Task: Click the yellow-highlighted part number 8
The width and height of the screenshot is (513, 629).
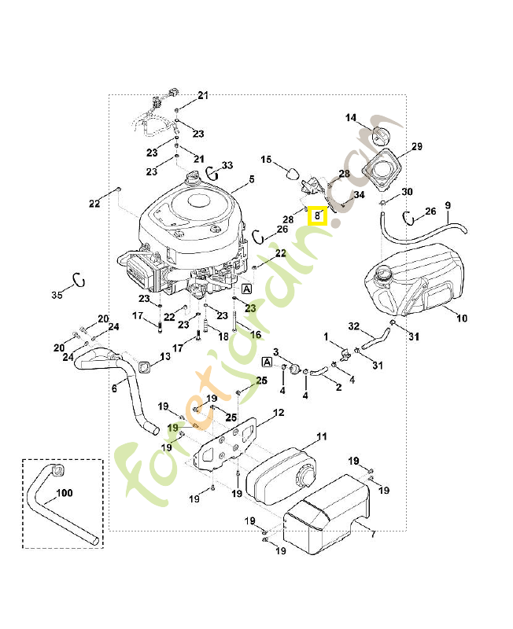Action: [x=317, y=215]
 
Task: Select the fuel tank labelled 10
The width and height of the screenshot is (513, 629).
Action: [x=417, y=283]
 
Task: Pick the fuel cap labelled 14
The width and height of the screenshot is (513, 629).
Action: [x=381, y=135]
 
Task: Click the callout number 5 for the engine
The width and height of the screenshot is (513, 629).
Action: [x=251, y=180]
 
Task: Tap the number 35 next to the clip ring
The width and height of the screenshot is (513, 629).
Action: [x=56, y=296]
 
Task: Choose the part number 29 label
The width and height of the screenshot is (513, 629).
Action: [x=417, y=147]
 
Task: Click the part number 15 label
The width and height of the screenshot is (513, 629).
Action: [x=266, y=160]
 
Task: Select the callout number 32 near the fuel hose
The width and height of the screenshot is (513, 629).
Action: [x=353, y=326]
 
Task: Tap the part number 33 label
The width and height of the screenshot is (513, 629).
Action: [x=227, y=165]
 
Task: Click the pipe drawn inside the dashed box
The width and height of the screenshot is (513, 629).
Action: [x=63, y=503]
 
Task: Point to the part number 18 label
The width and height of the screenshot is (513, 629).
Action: [x=223, y=336]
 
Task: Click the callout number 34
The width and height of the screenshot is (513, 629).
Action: [x=359, y=194]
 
